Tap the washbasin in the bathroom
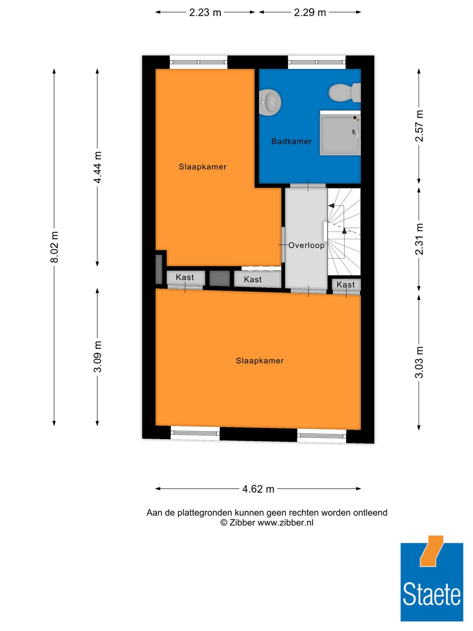[270, 103]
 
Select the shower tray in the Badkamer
[340, 133]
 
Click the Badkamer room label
[291, 141]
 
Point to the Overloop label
[306, 245]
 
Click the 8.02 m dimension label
[54, 248]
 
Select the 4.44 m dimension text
[98, 167]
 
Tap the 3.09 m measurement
[98, 357]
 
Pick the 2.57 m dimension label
[419, 126]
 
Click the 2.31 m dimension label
[419, 239]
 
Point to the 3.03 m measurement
[419, 362]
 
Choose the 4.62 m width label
[258, 489]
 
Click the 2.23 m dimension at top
[205, 12]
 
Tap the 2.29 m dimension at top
[310, 12]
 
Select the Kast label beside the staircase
[346, 285]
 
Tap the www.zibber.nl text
[285, 522]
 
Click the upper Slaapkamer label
[202, 167]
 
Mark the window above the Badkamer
[317, 62]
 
